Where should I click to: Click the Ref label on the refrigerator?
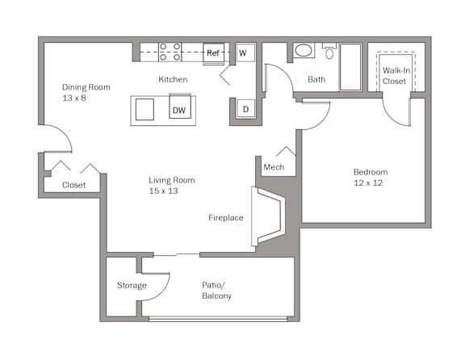[213, 53]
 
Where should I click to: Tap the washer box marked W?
[242, 53]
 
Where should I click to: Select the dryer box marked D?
[245, 108]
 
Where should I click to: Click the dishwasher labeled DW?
[180, 109]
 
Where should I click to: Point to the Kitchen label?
[173, 79]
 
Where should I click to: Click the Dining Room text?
[86, 87]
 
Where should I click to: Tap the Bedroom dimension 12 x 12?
[371, 183]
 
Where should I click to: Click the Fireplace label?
[226, 218]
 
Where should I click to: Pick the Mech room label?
[274, 167]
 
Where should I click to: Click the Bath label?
[316, 79]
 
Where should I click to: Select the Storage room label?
[132, 285]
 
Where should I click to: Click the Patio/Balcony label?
[217, 291]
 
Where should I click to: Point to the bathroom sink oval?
[304, 52]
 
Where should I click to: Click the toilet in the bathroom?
[329, 52]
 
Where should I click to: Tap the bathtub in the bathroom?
[351, 65]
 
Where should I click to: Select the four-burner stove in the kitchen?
[170, 52]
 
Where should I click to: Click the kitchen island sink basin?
[146, 108]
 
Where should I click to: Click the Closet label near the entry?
[74, 185]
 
